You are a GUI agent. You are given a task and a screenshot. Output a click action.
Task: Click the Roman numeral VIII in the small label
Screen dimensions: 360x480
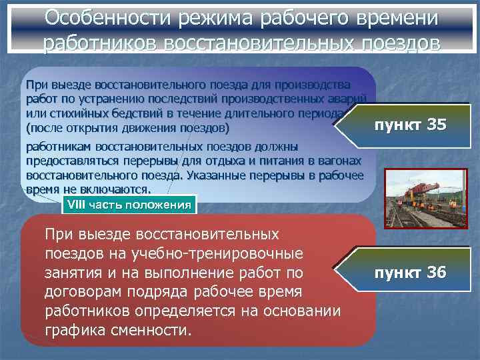click(x=78, y=205)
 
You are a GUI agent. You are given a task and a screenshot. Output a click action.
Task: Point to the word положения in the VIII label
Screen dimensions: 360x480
click(x=159, y=205)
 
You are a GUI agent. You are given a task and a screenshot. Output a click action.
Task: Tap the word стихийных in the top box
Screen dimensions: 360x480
click(x=69, y=113)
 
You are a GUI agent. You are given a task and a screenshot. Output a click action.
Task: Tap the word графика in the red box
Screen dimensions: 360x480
click(x=73, y=330)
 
